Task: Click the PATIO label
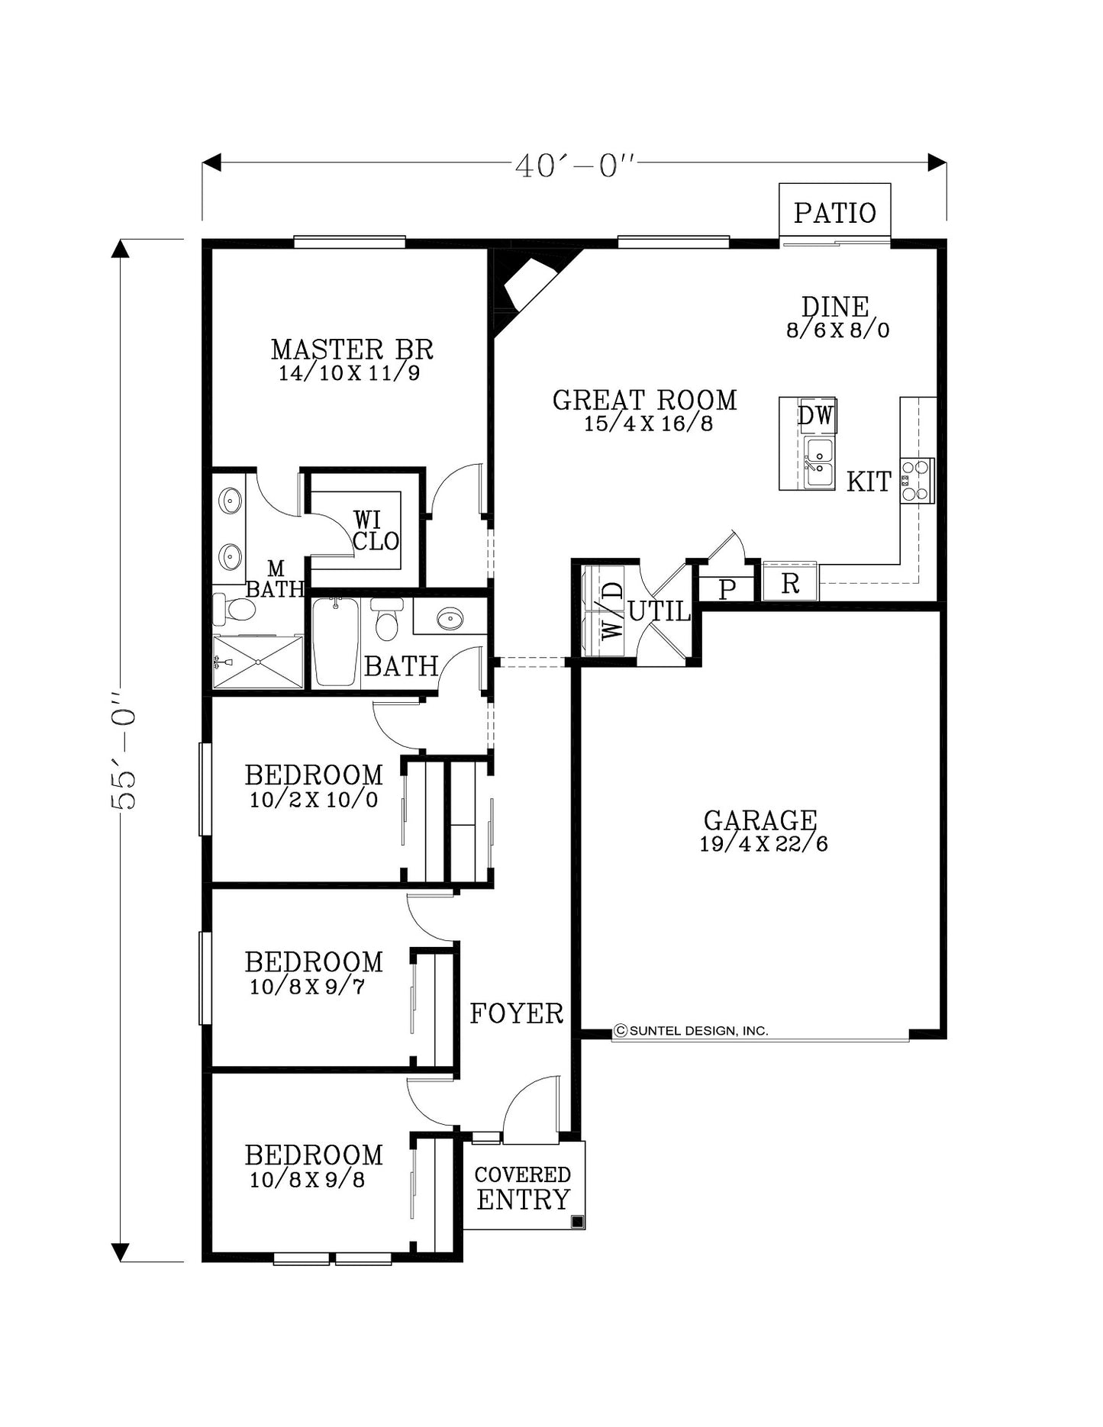(x=834, y=213)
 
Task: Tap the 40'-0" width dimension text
(x=575, y=166)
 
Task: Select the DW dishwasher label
(x=816, y=416)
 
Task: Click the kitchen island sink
(x=820, y=462)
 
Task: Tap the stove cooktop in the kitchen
(x=917, y=481)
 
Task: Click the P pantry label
(x=727, y=590)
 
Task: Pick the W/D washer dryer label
(x=612, y=610)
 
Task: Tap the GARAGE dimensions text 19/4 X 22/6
(x=763, y=844)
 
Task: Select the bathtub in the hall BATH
(x=335, y=643)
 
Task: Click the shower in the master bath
(x=258, y=662)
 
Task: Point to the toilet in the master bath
(x=234, y=609)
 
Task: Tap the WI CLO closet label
(x=376, y=531)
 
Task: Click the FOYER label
(x=517, y=1013)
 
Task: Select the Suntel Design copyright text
(x=691, y=1031)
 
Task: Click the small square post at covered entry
(x=578, y=1222)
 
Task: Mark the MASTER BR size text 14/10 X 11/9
(x=349, y=373)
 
